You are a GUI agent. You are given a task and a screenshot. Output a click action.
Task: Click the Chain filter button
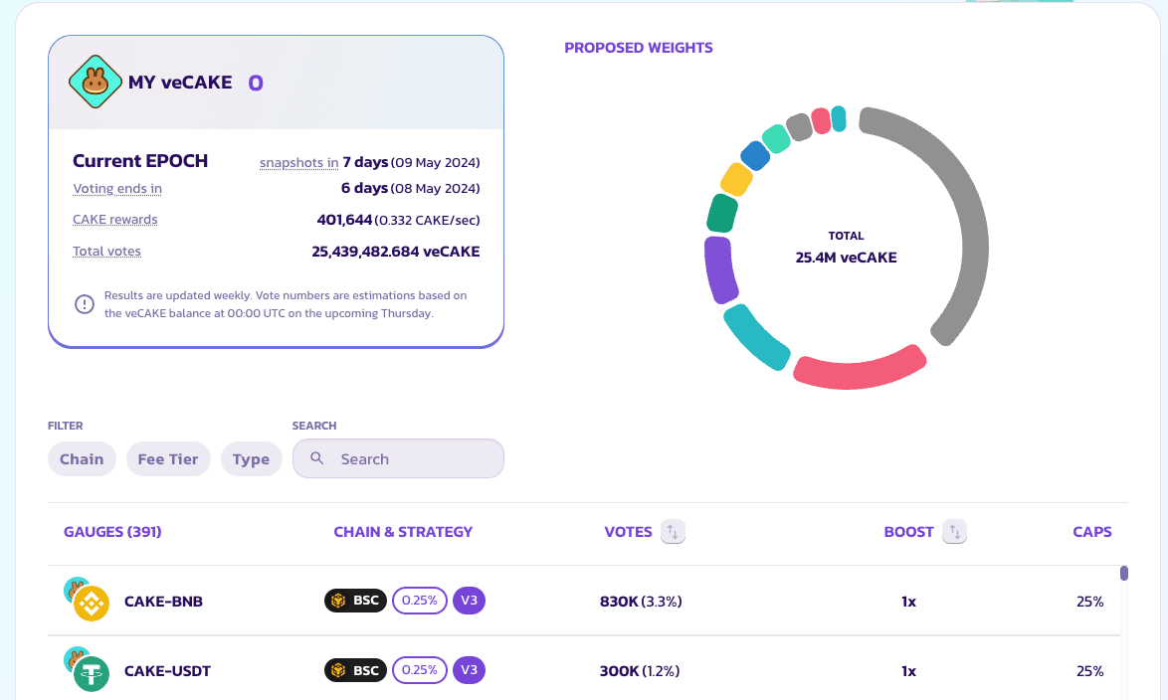(82, 459)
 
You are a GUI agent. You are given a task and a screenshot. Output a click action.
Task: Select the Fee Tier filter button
(168, 459)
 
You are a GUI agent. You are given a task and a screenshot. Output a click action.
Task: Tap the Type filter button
(251, 459)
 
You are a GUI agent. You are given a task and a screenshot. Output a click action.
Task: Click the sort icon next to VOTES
(673, 532)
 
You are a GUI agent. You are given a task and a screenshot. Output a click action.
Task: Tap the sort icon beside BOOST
(954, 532)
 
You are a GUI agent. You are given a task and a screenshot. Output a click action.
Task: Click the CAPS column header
(1091, 532)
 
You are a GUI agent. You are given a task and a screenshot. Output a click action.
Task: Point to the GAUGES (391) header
(112, 532)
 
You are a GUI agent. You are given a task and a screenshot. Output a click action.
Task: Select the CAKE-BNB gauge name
(163, 602)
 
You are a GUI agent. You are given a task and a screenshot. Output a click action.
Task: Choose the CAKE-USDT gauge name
(167, 671)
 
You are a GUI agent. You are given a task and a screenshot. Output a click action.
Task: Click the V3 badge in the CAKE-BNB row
(469, 602)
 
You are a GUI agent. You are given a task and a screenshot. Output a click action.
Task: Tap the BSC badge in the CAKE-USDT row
(355, 671)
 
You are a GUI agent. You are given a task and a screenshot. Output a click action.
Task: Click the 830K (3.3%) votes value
(641, 602)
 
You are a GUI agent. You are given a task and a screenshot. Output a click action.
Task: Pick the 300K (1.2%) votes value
(640, 671)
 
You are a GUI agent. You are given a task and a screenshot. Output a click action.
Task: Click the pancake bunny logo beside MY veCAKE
(95, 83)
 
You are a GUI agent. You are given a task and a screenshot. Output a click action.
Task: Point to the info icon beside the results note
(85, 304)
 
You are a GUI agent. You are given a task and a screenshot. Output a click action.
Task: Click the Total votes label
(106, 252)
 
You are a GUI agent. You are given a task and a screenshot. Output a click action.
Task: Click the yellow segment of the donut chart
(736, 180)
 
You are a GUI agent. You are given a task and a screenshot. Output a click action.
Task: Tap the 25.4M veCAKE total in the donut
(846, 258)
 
